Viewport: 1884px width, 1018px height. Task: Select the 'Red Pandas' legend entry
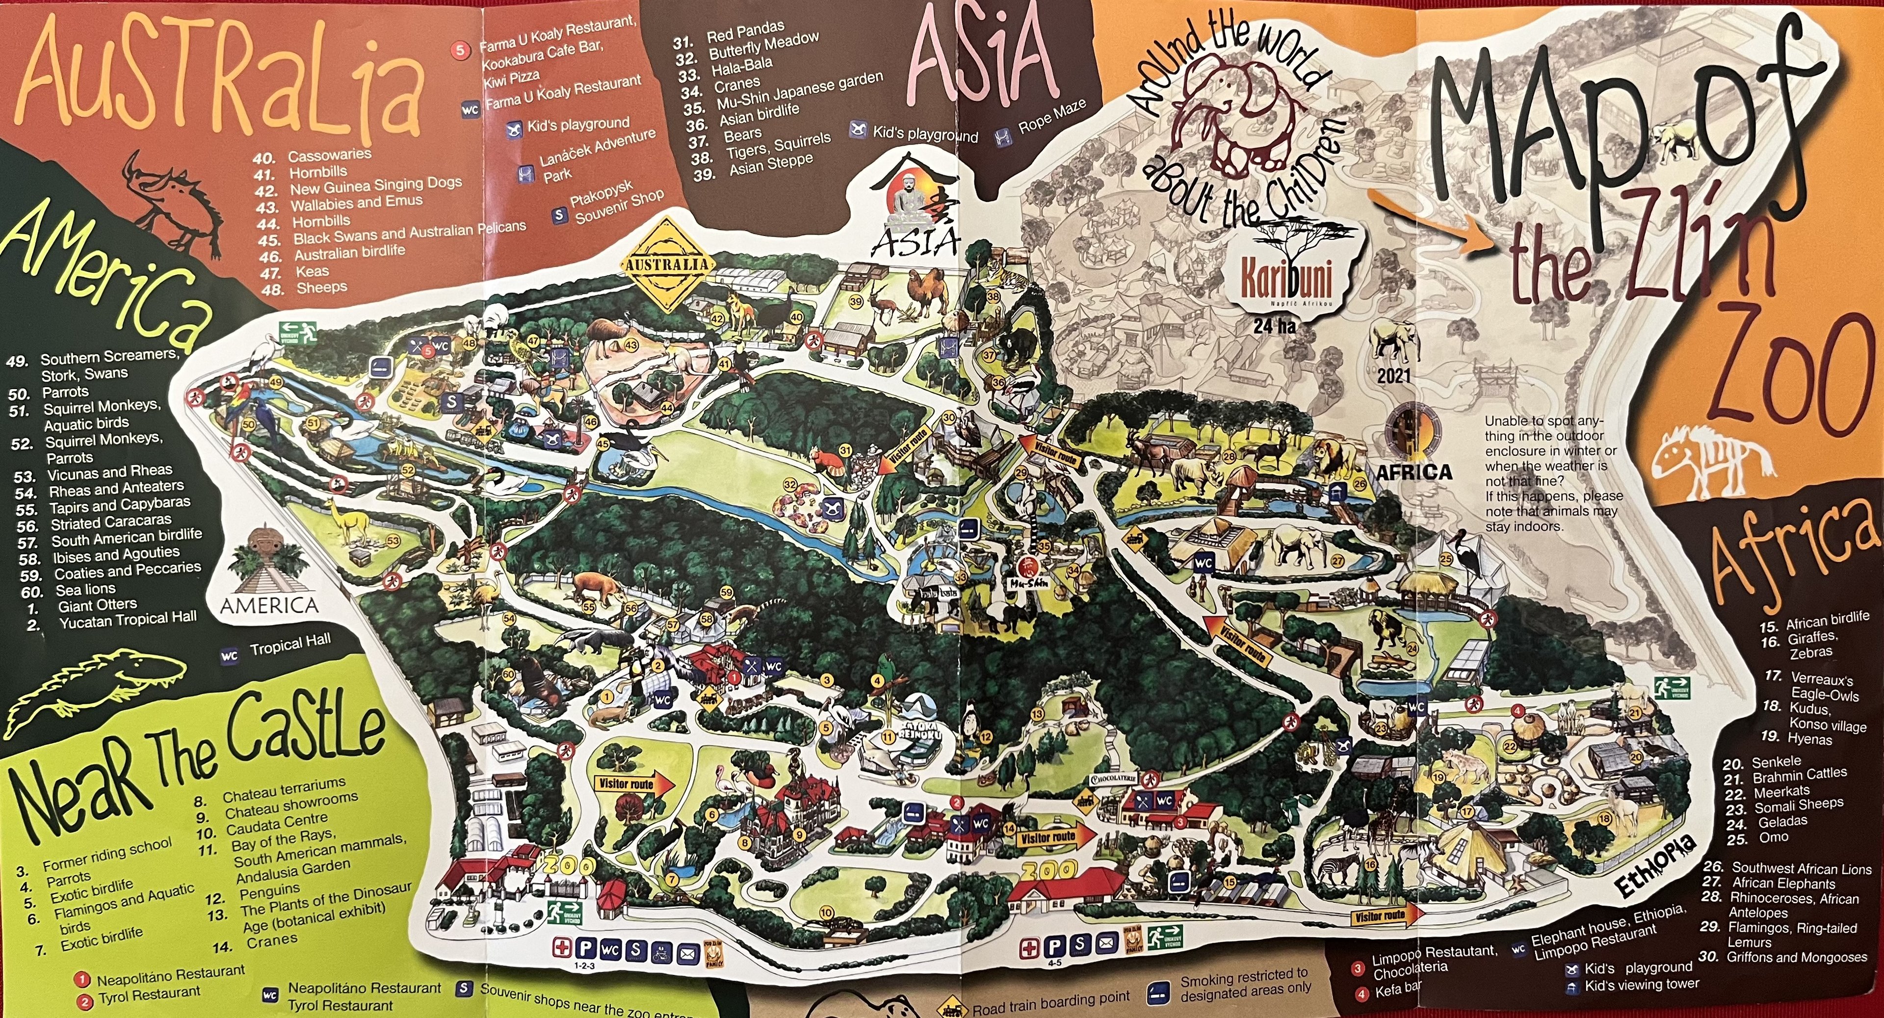pos(745,33)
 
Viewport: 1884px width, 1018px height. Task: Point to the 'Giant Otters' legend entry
pos(97,605)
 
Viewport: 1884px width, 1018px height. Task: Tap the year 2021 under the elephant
pos(1393,377)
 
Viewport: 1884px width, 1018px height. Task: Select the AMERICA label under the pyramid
pos(269,605)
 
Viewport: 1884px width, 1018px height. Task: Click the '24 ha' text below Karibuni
pos(1274,326)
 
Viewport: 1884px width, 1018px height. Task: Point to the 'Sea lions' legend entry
pos(85,589)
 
